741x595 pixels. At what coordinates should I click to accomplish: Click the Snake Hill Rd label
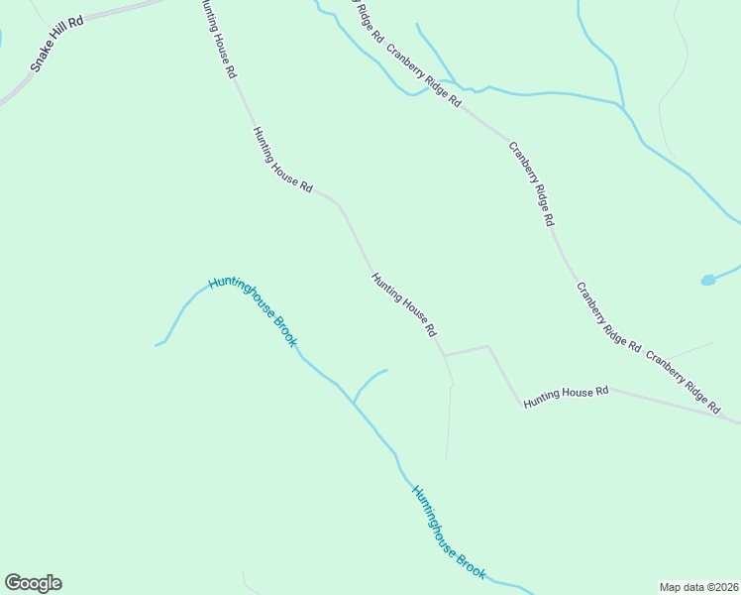pos(56,44)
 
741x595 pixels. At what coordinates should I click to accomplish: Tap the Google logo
pos(33,583)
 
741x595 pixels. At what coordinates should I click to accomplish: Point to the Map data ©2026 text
pos(698,586)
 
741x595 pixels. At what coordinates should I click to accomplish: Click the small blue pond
pos(707,281)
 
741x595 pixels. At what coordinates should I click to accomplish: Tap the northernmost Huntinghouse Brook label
pos(254,310)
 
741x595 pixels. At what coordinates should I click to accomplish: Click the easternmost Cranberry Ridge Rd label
pos(684,380)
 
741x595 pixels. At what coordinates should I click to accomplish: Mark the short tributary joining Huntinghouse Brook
pos(369,379)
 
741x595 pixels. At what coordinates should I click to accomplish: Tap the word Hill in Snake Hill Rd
pos(60,40)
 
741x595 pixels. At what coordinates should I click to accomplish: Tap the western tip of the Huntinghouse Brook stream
pos(157,345)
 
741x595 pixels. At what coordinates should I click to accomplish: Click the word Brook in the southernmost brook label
pos(471,561)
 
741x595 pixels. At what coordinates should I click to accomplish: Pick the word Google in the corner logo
pos(33,583)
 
